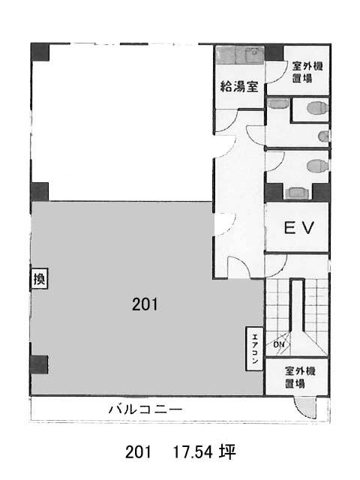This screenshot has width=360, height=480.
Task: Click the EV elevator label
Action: pos(298,228)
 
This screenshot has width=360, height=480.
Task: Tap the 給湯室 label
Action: pos(239,86)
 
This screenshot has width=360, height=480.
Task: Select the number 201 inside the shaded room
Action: pos(145,304)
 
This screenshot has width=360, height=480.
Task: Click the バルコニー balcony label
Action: pos(145,409)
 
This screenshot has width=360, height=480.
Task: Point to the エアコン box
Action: pos(255,349)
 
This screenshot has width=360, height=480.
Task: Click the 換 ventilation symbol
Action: pos(39,279)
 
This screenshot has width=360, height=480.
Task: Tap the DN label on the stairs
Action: pos(279,345)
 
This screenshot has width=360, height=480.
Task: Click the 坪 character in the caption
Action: pos(227,451)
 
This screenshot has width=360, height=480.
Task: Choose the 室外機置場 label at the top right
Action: pos(306,72)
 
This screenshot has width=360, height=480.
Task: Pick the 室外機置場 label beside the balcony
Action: pos(299,377)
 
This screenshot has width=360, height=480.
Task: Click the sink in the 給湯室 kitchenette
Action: pos(255,55)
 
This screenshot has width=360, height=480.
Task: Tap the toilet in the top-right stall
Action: pos(317,108)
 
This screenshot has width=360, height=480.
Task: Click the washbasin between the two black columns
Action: pos(298,193)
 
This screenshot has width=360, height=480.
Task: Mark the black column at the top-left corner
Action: pos(40,52)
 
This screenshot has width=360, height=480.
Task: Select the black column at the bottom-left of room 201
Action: pos(39,364)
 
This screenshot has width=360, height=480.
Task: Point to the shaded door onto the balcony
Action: pos(304,406)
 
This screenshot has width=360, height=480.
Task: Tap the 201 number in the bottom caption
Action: pos(138,451)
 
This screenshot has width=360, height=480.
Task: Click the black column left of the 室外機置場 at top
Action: pos(274,52)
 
